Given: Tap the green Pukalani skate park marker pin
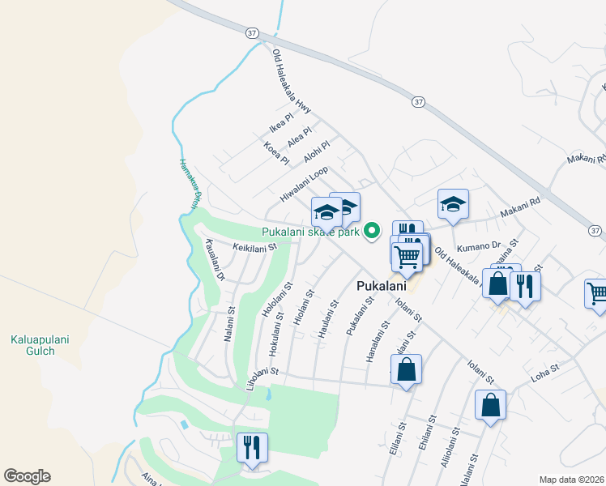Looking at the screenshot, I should (x=372, y=231).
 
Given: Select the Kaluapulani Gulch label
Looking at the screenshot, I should (x=33, y=345).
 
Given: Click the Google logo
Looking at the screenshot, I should (x=27, y=476).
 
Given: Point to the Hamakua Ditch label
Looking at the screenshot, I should (x=189, y=185).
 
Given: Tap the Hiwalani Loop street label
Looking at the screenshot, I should (x=304, y=185).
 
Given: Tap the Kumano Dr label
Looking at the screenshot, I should (x=479, y=245).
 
